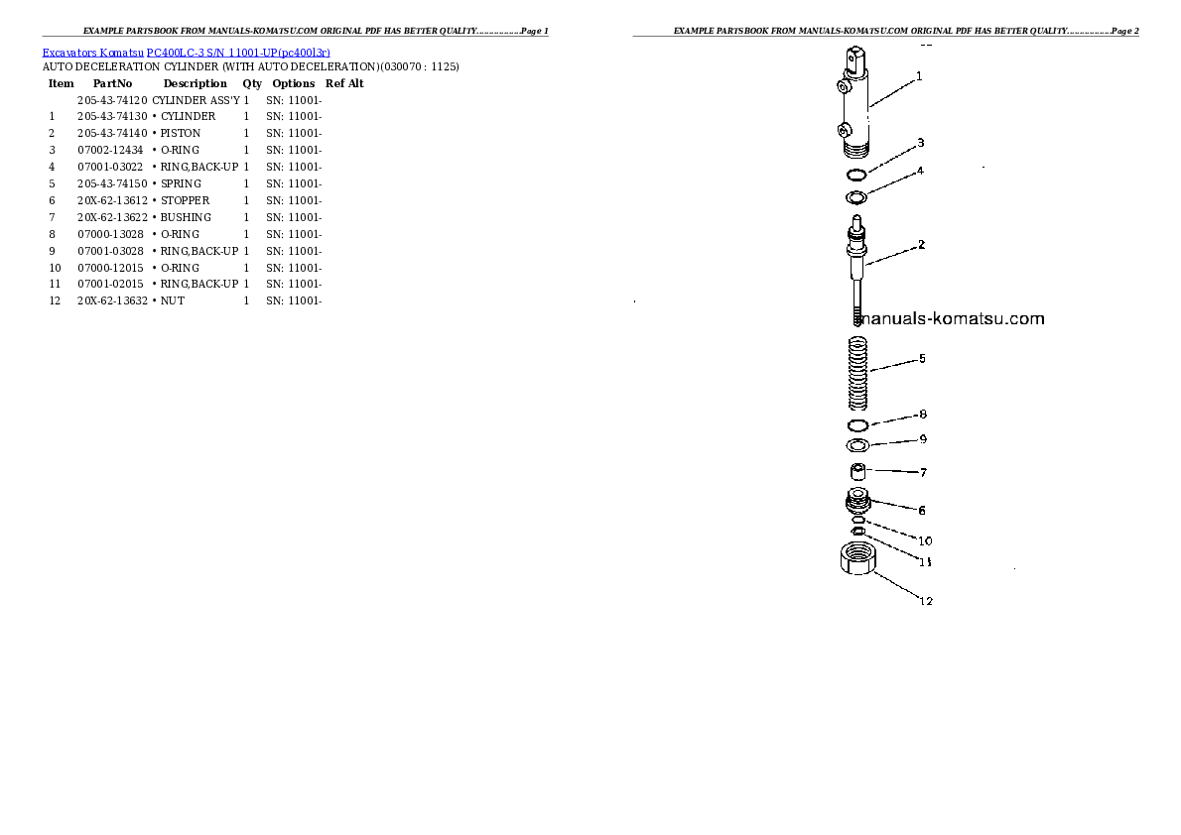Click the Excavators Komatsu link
click(x=92, y=53)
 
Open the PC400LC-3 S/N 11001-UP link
click(x=238, y=53)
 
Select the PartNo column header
click(x=112, y=83)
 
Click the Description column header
click(x=196, y=83)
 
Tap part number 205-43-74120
click(x=112, y=100)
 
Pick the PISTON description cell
click(x=180, y=133)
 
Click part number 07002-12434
click(x=110, y=150)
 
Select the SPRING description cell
click(x=181, y=183)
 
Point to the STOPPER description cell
click(x=185, y=200)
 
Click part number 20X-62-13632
click(x=112, y=300)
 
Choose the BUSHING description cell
click(x=186, y=217)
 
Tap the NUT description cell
click(x=173, y=300)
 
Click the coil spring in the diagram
click(x=857, y=374)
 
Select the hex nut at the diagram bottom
click(x=857, y=558)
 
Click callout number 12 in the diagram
click(x=926, y=601)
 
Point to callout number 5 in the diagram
click(x=922, y=358)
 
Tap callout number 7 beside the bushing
click(x=923, y=472)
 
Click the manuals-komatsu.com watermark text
click(x=951, y=318)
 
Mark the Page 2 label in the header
click(x=1124, y=31)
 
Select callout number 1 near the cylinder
click(x=919, y=76)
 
